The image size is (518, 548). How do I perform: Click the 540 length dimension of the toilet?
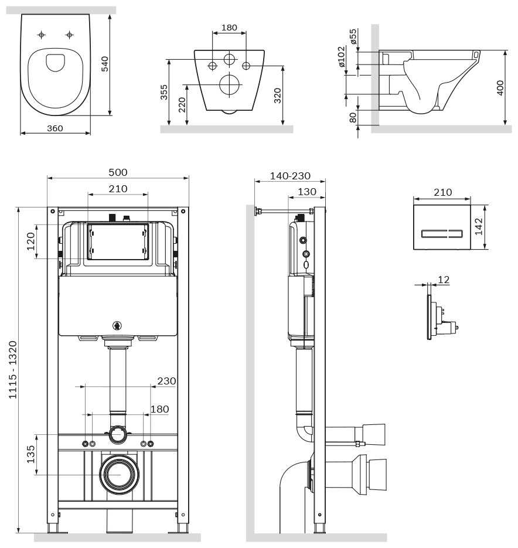105,63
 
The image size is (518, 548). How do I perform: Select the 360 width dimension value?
54,128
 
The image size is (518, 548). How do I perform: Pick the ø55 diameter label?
353,36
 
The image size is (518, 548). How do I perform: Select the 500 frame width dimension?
118,172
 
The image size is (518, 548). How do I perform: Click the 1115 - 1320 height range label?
13,370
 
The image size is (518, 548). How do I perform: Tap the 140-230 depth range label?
290,176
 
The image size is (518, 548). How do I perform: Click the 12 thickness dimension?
444,280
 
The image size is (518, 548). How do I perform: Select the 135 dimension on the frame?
31,454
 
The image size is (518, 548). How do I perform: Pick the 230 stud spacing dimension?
166,381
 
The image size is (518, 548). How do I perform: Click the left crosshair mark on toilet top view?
41,35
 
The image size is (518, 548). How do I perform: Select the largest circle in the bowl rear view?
229,85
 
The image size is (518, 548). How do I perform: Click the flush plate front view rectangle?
442,227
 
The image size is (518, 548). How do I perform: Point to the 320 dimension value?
277,95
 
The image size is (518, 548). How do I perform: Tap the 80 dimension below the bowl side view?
353,117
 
